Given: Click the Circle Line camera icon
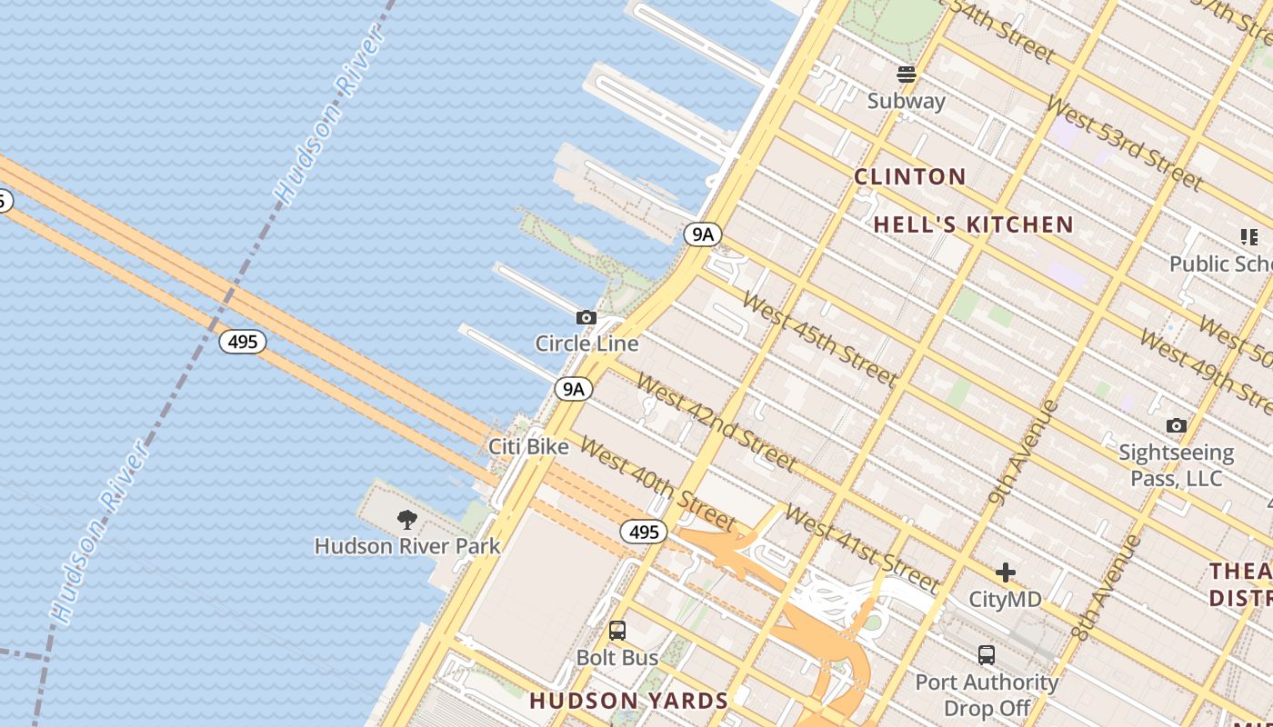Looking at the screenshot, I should (x=586, y=318).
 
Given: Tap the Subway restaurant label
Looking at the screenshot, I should (x=906, y=101).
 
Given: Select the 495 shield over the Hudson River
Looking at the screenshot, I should (x=243, y=342).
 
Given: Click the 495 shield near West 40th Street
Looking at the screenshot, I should (x=644, y=532).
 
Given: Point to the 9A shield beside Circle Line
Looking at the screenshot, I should (x=574, y=389).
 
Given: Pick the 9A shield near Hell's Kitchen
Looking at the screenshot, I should (x=703, y=234).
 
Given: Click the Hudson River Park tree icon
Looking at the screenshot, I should (x=407, y=520).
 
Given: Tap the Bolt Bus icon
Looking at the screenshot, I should (x=617, y=631).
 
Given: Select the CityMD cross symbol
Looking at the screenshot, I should (x=1005, y=573).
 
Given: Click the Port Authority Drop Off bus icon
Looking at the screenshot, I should (x=987, y=654).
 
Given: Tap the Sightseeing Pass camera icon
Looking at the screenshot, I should (x=1176, y=425).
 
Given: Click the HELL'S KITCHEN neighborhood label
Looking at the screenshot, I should (x=974, y=224).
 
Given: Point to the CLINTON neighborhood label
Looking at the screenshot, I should (x=909, y=177).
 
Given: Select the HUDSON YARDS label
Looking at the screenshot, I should (x=629, y=701).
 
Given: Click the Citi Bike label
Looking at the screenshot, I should (x=528, y=446).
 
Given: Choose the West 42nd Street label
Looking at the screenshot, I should (x=717, y=422).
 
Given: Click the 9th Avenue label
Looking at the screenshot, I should (x=1024, y=451).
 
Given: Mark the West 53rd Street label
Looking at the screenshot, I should (x=1124, y=141).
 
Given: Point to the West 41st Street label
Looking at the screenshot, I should (x=861, y=549).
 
